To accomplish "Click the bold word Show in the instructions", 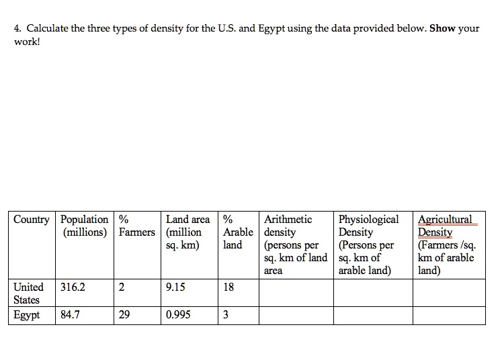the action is coord(443,29).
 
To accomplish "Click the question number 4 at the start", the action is coord(17,29).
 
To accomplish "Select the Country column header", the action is coord(31,220).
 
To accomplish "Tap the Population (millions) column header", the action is coord(85,226).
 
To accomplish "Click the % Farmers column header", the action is coord(136,226).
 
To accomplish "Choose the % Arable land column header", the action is coord(237,232).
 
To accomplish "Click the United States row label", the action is coord(28,293).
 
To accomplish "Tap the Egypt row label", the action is coord(26,315).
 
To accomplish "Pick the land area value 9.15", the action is coord(175,287).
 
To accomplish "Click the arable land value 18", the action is coord(228,287).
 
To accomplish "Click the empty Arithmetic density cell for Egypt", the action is coord(296,315).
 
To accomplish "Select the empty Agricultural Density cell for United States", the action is coord(449,293).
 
